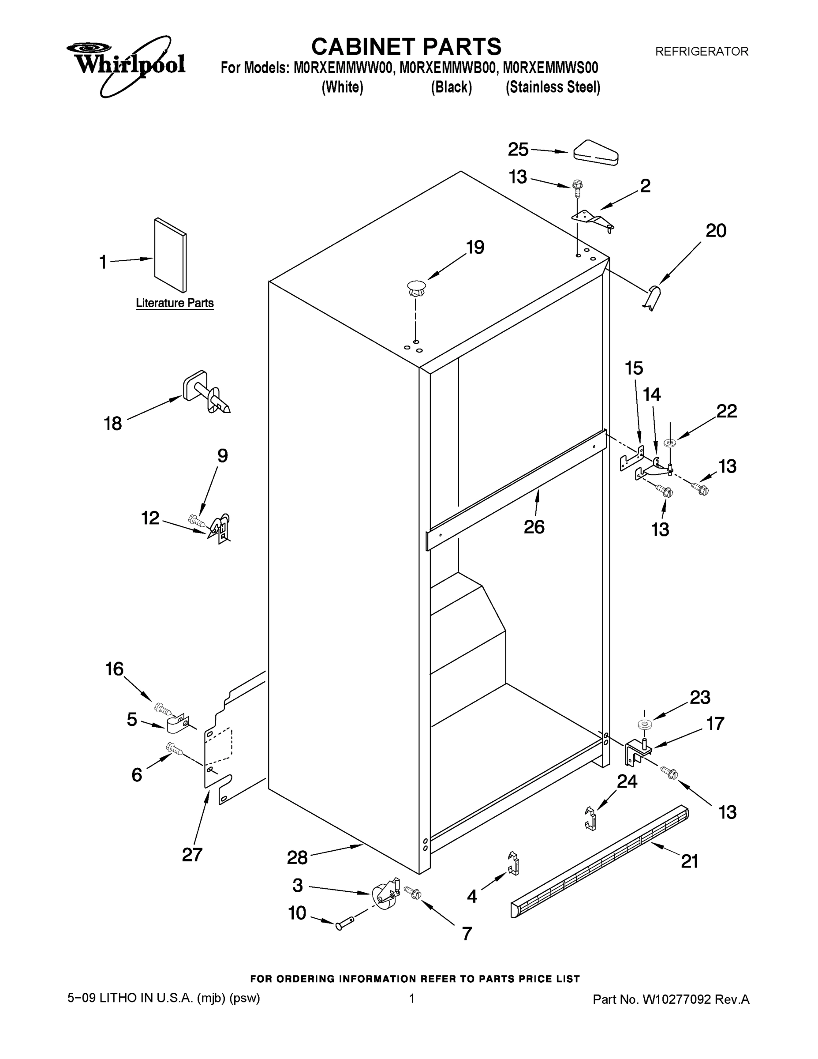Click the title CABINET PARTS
(x=406, y=47)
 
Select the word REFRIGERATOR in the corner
(x=701, y=51)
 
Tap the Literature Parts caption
(x=175, y=303)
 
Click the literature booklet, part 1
(x=170, y=255)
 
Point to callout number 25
(x=518, y=149)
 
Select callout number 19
(x=475, y=247)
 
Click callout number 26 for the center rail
(x=534, y=526)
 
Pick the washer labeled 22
(x=671, y=442)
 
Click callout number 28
(x=297, y=858)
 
